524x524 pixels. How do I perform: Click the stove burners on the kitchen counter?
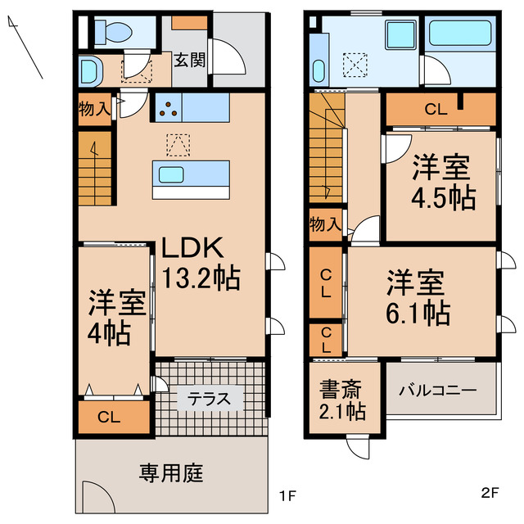pos(169,108)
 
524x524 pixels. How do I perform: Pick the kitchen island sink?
pos(172,174)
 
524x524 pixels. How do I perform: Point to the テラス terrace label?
pos(210,400)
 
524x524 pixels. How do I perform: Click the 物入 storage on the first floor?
pos(94,108)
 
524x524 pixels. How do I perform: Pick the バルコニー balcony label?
pos(437,391)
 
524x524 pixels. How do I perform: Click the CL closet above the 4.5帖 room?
pos(435,110)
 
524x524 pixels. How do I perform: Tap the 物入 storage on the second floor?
pos(325,223)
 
